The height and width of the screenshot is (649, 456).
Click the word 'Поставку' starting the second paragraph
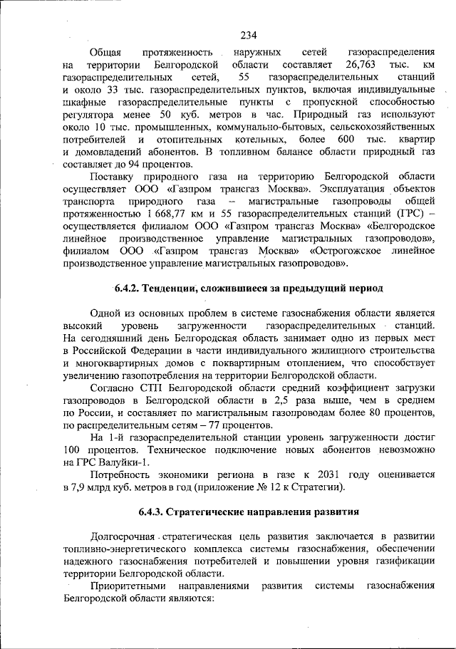115,176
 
